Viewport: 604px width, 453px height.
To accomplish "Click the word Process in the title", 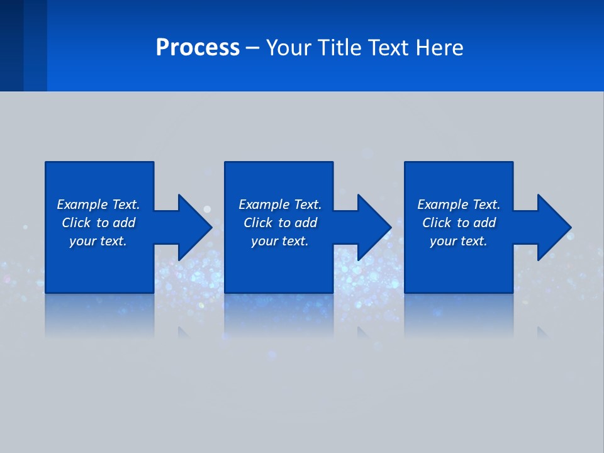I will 198,48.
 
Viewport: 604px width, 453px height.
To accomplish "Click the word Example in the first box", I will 82,204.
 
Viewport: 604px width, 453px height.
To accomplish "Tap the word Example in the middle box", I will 264,204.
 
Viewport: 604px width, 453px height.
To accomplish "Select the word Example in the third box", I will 442,204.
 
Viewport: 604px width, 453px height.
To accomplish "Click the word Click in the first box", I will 75,223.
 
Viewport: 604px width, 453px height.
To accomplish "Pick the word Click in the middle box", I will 257,223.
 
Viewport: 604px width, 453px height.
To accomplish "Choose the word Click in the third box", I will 436,223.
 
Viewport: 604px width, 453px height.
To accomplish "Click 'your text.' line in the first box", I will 98,241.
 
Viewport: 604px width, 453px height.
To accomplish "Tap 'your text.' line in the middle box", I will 279,241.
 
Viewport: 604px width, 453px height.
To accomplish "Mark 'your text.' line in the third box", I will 458,241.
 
